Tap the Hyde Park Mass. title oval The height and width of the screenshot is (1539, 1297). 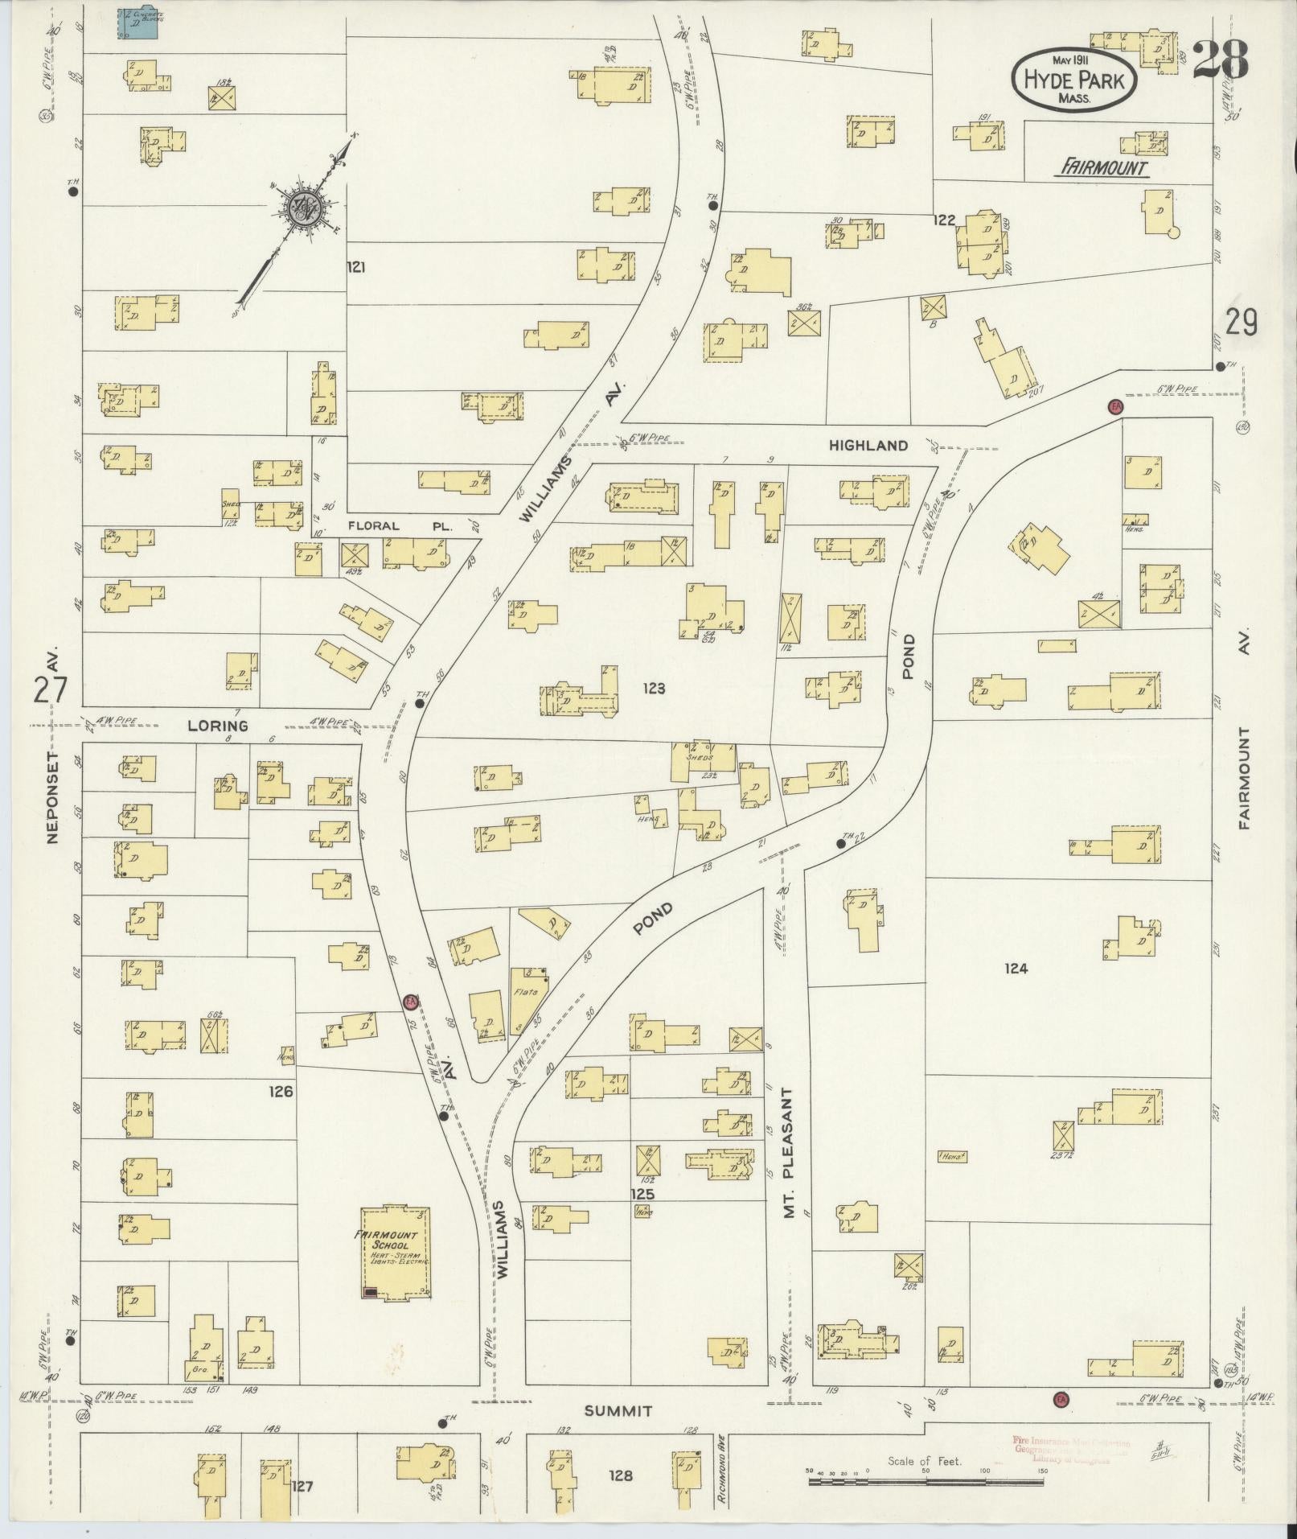tap(1073, 80)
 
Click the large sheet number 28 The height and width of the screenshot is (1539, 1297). tap(1220, 60)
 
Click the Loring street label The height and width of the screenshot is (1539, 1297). tap(217, 726)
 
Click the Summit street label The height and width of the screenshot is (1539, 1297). tap(618, 1411)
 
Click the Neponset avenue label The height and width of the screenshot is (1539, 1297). tap(53, 796)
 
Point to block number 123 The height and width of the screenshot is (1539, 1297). tap(655, 688)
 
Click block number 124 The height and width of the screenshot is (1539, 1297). tap(1016, 969)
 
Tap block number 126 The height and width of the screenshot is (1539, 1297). tap(281, 1092)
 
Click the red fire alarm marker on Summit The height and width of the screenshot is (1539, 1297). tap(1060, 1399)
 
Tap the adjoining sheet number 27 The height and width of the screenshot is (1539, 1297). tap(51, 690)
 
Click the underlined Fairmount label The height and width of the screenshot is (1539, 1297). tap(1102, 167)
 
